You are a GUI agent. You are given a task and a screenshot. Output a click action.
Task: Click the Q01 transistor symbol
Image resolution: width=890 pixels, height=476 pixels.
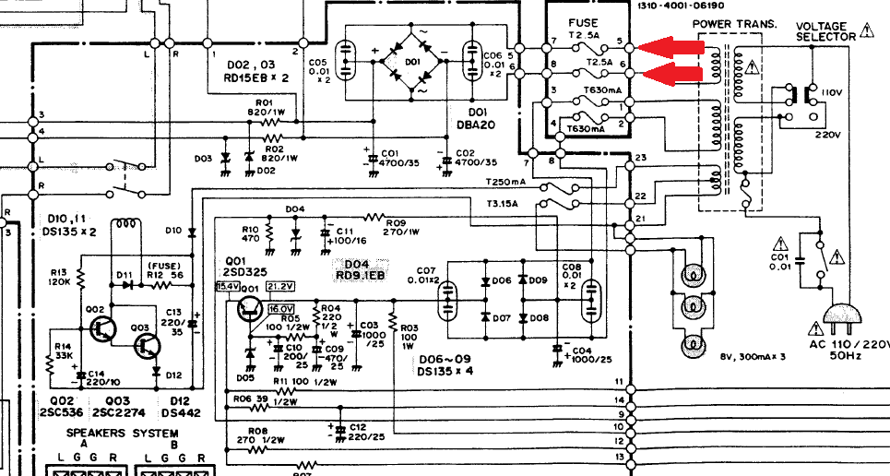250,311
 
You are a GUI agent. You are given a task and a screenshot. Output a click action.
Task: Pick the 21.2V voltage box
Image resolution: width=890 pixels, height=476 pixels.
279,286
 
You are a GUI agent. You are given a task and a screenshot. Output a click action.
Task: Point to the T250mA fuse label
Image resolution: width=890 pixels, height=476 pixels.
505,183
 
